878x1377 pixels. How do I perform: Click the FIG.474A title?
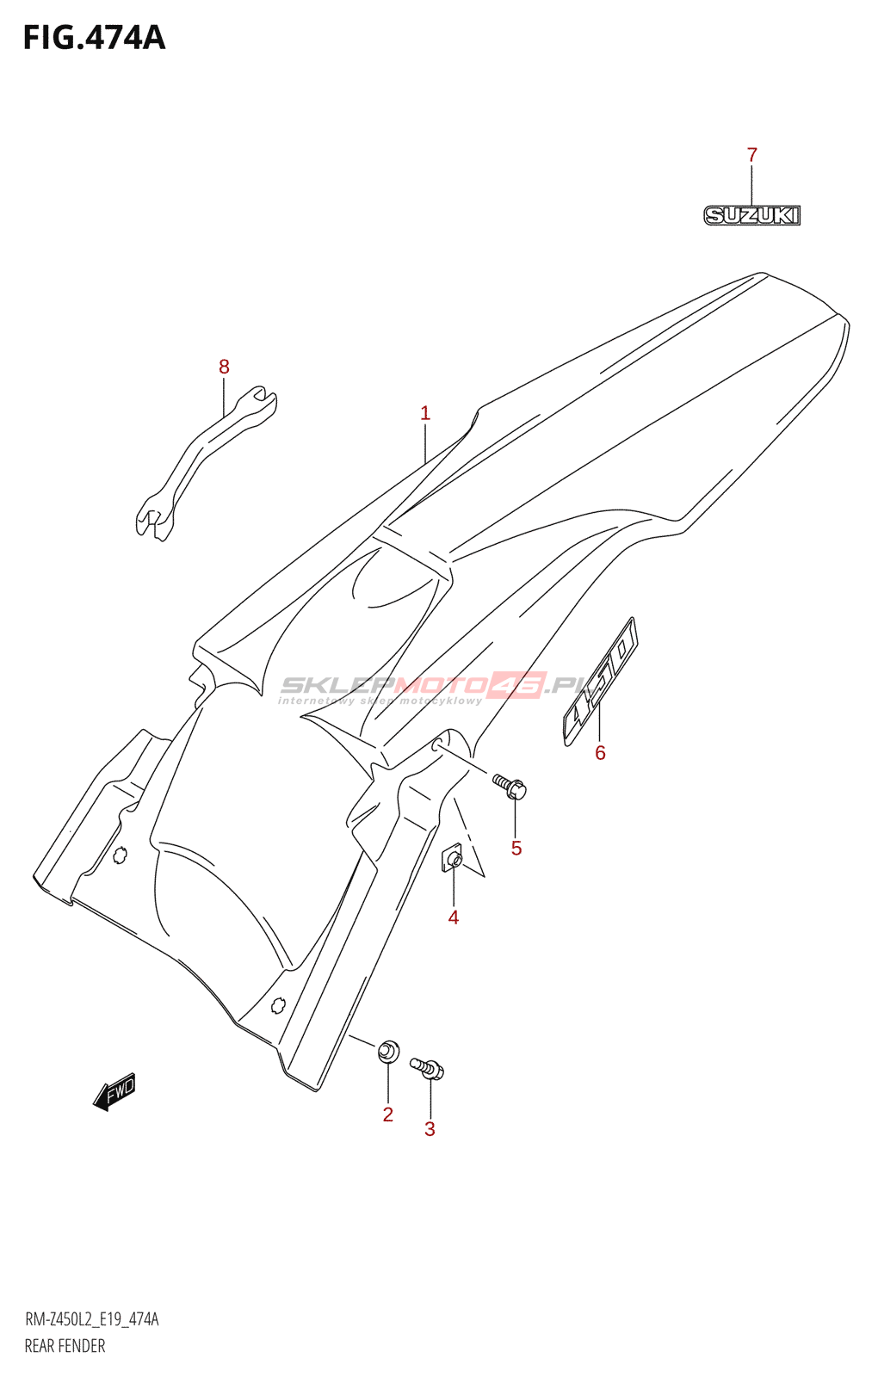click(x=94, y=38)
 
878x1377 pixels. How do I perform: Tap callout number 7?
click(x=751, y=155)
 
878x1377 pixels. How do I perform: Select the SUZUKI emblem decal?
click(x=751, y=214)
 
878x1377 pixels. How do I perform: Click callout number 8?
click(x=224, y=367)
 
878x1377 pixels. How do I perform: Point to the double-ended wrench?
click(x=206, y=462)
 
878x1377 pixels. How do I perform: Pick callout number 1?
click(x=424, y=413)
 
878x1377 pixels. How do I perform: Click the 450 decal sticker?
click(x=600, y=681)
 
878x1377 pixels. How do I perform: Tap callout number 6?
click(x=600, y=753)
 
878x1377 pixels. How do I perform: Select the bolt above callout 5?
click(x=510, y=786)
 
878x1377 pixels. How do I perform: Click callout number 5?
click(x=516, y=849)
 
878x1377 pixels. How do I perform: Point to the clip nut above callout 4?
click(x=453, y=859)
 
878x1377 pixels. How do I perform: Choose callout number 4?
click(x=453, y=917)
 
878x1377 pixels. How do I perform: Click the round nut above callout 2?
click(x=388, y=1050)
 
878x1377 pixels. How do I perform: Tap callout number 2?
click(x=387, y=1115)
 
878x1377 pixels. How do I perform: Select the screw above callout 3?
click(x=428, y=1068)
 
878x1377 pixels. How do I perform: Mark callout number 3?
click(x=430, y=1129)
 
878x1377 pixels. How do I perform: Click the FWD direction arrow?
click(x=114, y=1091)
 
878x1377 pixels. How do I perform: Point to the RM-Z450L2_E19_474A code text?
click(x=91, y=1319)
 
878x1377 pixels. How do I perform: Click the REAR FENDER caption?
click(x=65, y=1346)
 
